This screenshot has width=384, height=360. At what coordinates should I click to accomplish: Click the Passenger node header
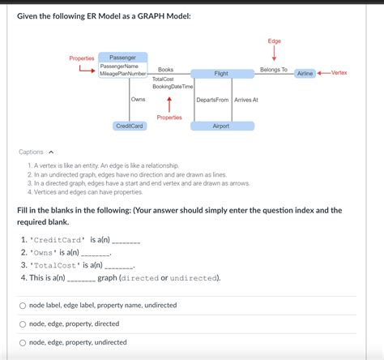point(122,58)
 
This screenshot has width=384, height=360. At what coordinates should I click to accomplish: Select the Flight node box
point(220,74)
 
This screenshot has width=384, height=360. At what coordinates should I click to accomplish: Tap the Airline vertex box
point(305,74)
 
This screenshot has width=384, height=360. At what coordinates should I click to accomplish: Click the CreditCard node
point(130,126)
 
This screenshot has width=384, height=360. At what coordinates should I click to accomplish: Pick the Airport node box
point(220,126)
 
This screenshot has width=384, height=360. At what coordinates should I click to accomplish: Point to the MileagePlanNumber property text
point(123,74)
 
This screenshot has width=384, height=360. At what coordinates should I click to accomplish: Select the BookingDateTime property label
point(173,87)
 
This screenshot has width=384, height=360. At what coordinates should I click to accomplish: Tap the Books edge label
point(165,70)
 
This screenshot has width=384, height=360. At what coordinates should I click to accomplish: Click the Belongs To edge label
point(273,70)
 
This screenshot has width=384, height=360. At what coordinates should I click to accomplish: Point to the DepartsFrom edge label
point(212,100)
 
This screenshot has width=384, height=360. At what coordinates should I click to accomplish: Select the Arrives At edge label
point(245,100)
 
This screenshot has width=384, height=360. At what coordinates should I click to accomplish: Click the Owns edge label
point(138,99)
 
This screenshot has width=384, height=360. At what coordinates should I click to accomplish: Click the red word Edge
point(274,41)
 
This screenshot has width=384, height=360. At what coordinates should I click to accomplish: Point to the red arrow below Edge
point(274,54)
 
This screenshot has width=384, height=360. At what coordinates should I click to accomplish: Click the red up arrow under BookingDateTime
point(169,103)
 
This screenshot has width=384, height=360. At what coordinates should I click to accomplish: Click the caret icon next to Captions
point(51,152)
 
